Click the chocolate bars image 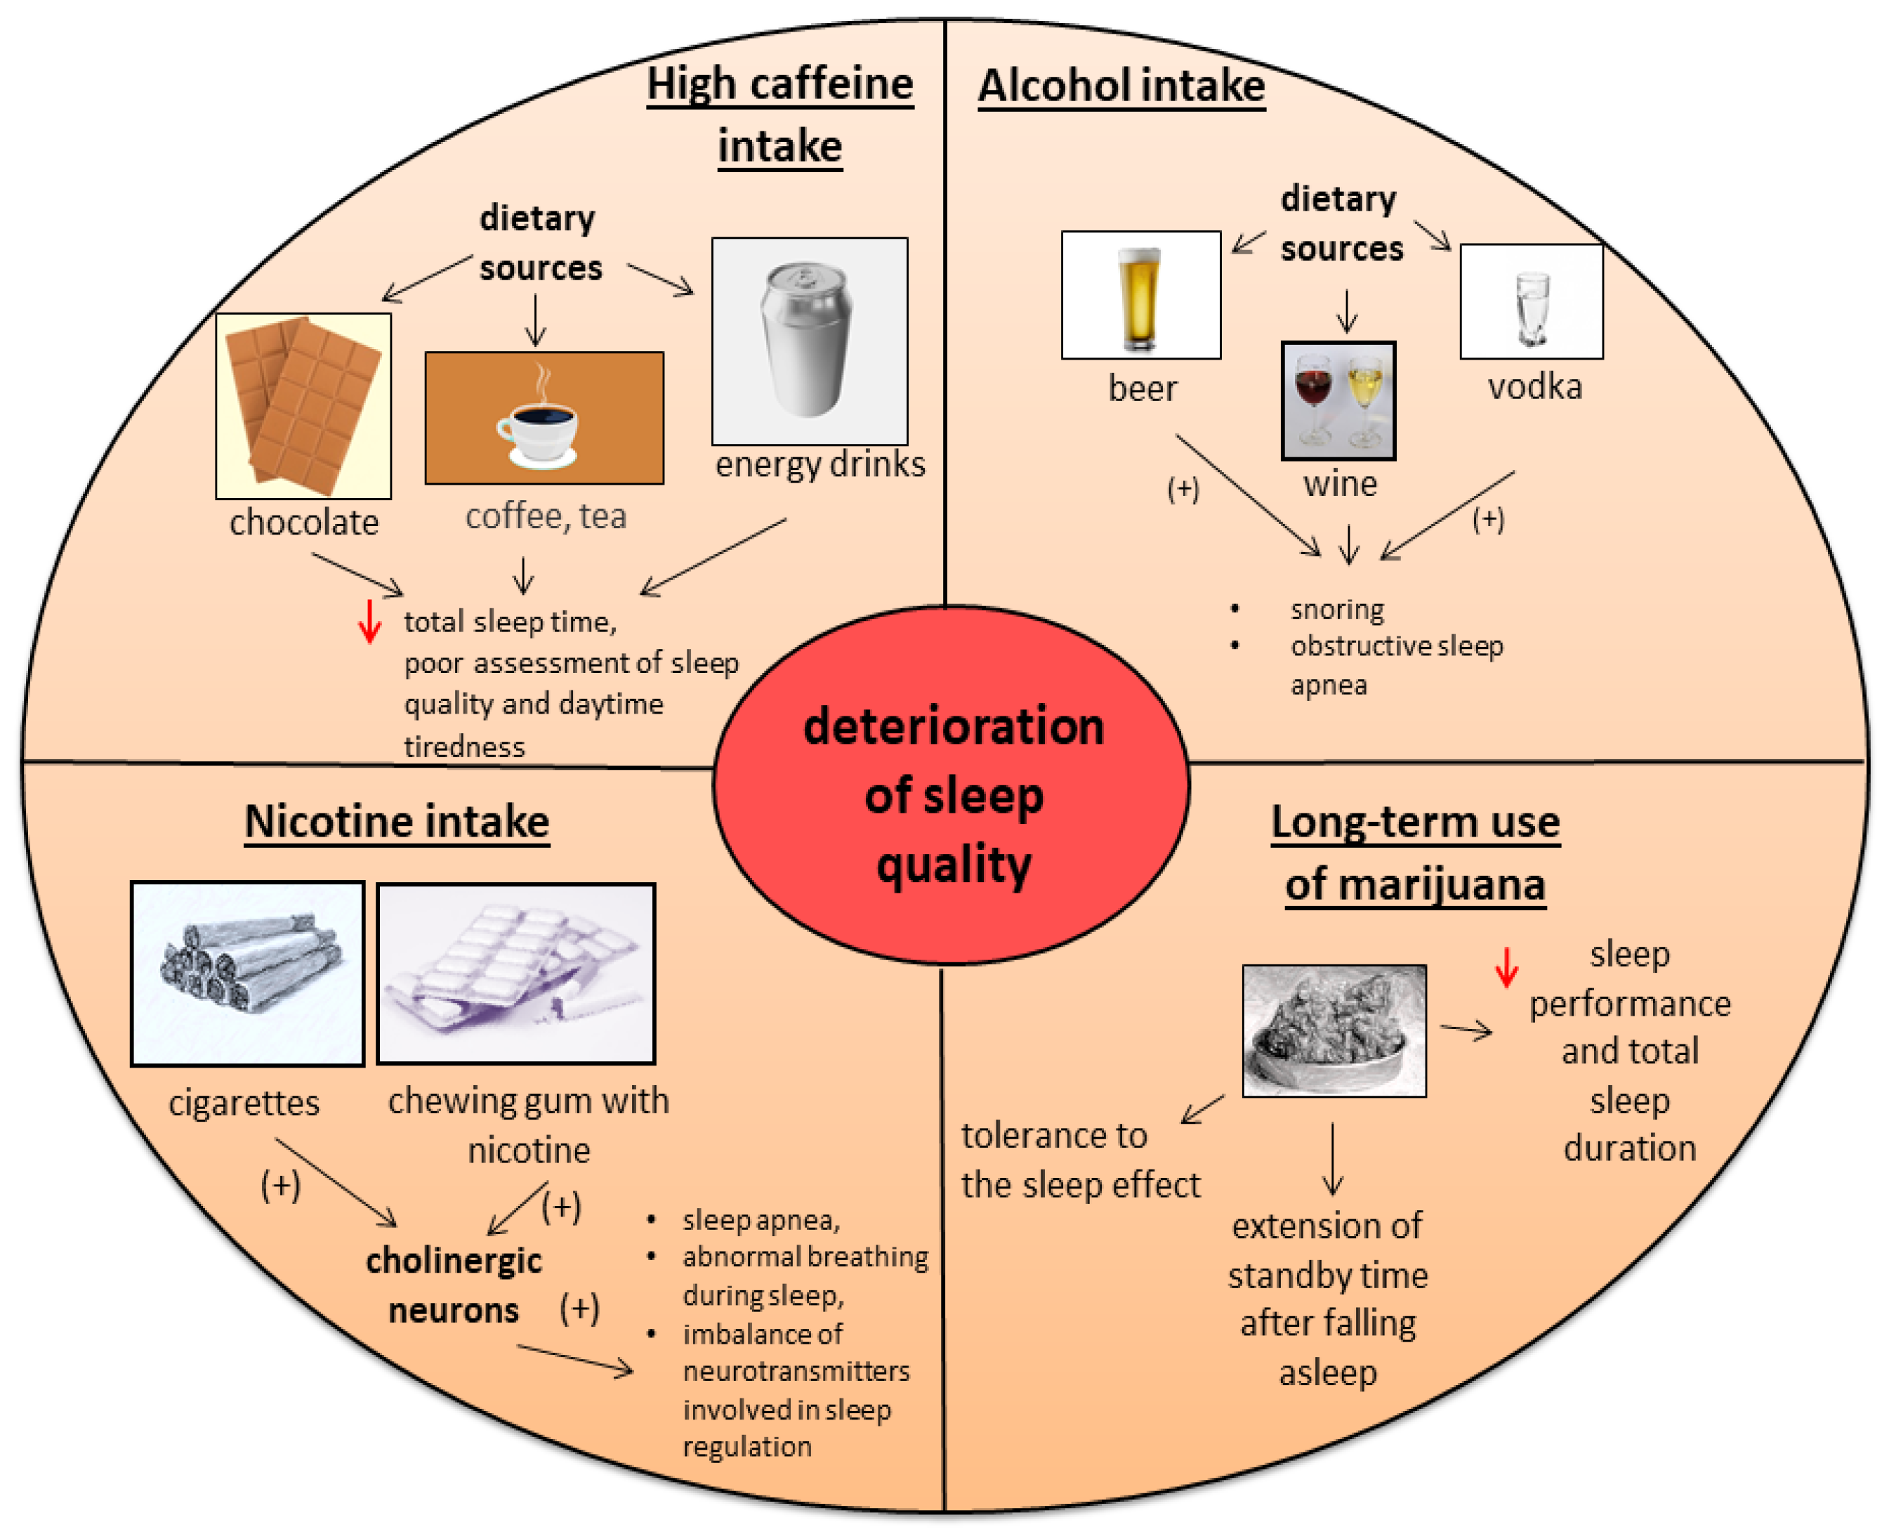point(303,405)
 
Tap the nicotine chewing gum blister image point(516,973)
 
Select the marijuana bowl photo point(1334,1030)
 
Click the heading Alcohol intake point(1120,86)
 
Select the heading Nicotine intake point(397,822)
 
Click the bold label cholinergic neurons point(453,1285)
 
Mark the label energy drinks point(819,464)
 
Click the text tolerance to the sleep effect point(1080,1160)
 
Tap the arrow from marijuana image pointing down point(1332,1158)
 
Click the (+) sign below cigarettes point(280,1184)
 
